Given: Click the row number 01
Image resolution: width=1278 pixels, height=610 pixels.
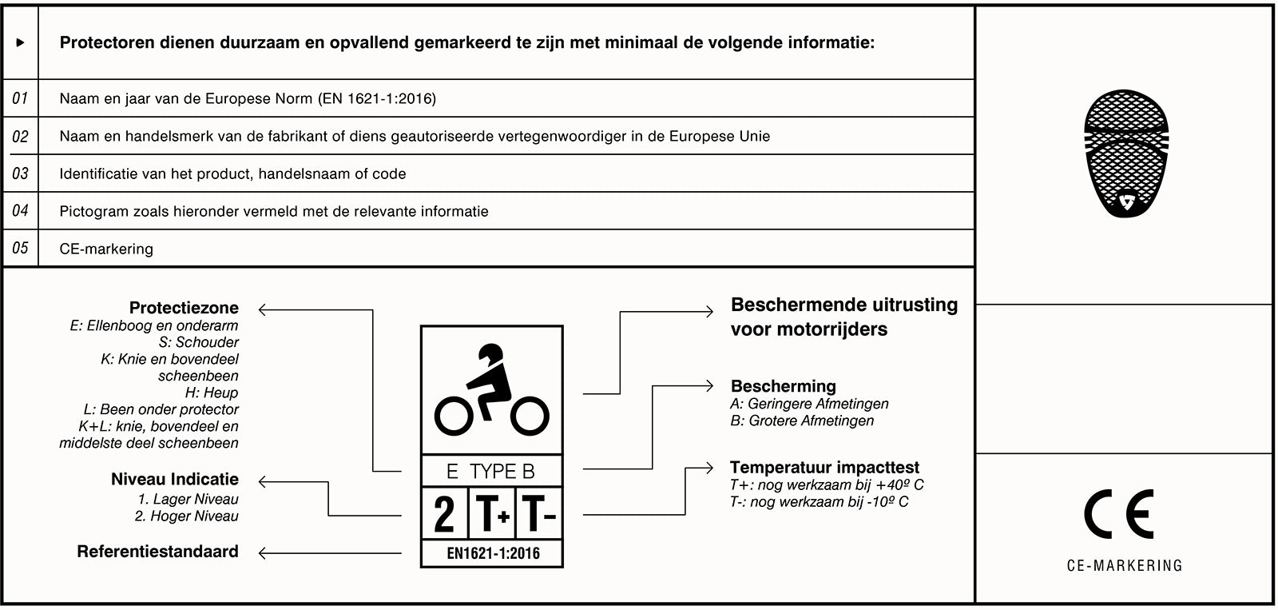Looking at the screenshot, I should click(20, 98).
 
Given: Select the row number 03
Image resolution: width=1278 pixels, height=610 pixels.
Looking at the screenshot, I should click(20, 173).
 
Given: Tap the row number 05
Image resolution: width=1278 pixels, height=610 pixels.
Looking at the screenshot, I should click(20, 248).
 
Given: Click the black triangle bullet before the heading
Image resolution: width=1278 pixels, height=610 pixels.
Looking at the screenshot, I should click(21, 42).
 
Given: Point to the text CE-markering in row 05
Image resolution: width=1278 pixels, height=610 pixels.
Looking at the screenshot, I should click(106, 249).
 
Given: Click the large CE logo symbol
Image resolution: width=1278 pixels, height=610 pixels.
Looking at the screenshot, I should click(1118, 515).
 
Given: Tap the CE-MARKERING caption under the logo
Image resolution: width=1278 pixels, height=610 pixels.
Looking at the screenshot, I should click(1125, 566).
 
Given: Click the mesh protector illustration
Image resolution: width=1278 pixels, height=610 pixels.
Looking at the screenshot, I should click(1126, 153).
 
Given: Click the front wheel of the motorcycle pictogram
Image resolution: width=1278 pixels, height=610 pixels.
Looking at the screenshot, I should click(529, 416).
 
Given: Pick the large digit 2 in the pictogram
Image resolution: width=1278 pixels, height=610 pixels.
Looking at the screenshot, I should click(444, 514).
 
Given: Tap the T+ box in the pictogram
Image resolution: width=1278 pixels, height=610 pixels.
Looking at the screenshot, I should click(493, 514).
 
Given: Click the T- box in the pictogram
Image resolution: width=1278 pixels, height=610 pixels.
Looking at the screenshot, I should click(539, 514).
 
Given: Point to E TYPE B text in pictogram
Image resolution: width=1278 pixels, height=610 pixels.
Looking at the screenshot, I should click(491, 472).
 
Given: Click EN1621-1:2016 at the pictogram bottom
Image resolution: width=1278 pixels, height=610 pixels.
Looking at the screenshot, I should click(493, 553).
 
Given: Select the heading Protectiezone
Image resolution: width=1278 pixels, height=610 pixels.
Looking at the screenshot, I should click(184, 308).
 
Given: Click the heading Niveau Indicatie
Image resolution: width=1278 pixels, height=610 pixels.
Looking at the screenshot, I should click(175, 479).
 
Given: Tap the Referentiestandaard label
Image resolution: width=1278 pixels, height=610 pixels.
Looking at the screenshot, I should click(157, 552).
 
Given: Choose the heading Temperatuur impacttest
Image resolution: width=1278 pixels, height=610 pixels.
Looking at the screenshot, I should click(824, 468).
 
